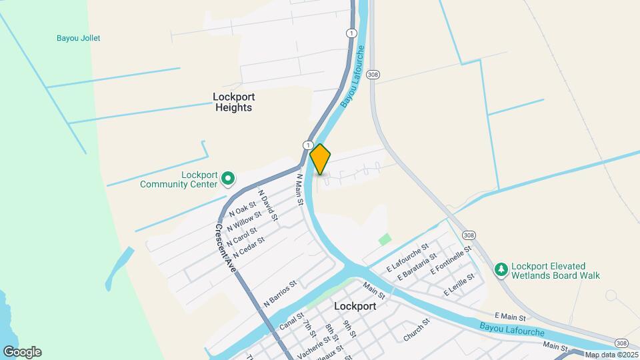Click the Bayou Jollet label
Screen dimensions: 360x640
pyautogui.click(x=79, y=38)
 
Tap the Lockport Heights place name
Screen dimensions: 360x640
pyautogui.click(x=233, y=101)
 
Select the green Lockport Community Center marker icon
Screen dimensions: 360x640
pyautogui.click(x=227, y=178)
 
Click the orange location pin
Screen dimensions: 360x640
pyautogui.click(x=320, y=159)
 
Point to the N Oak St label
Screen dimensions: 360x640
pyautogui.click(x=242, y=209)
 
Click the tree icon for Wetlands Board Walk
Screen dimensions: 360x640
pyautogui.click(x=501, y=270)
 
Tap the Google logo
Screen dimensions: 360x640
pyautogui.click(x=22, y=352)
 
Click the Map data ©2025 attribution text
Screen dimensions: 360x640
pyautogui.click(x=611, y=355)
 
